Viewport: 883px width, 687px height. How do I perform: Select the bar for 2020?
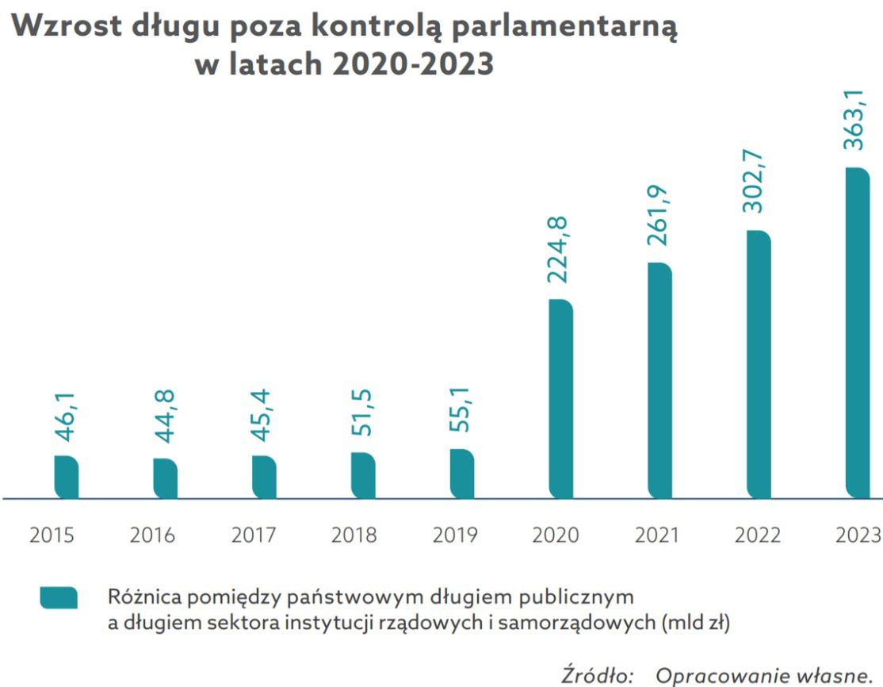[x=560, y=399]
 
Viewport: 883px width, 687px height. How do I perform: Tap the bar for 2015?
[x=66, y=478]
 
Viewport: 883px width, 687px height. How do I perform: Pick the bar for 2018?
[x=363, y=476]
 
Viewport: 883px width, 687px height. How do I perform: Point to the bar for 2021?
[x=659, y=381]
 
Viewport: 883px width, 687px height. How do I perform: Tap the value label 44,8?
[x=165, y=416]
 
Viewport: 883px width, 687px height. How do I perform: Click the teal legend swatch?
[x=59, y=597]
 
